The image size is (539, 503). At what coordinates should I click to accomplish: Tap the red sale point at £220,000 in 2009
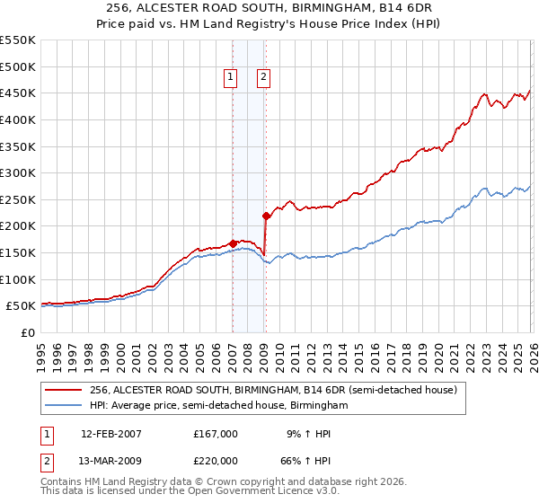pyautogui.click(x=266, y=216)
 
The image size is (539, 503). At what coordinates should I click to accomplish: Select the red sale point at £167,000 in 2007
pyautogui.click(x=233, y=243)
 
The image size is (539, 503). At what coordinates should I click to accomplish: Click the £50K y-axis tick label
pyautogui.click(x=21, y=306)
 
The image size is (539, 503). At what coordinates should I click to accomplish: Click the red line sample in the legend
pyautogui.click(x=64, y=390)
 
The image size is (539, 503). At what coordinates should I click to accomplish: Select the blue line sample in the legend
pyautogui.click(x=64, y=406)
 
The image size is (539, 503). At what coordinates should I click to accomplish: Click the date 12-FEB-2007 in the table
pyautogui.click(x=110, y=434)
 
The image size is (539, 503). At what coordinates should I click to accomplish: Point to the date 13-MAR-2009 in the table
pyautogui.click(x=110, y=461)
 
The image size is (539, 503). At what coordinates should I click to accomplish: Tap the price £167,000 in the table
pyautogui.click(x=216, y=434)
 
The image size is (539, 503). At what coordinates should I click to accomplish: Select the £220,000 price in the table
pyautogui.click(x=216, y=461)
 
